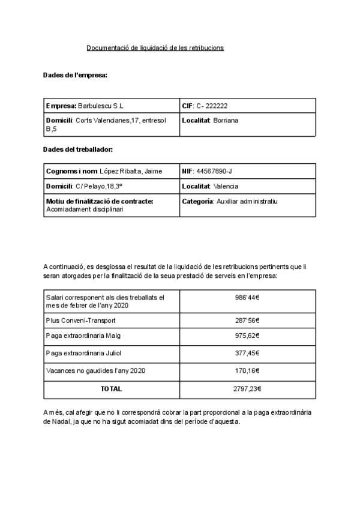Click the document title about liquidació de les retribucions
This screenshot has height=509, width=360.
(155, 47)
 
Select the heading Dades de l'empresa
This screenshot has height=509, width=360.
(75, 75)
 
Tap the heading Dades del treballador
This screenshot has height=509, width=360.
(78, 149)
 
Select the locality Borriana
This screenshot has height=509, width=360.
(226, 120)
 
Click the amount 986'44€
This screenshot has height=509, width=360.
(247, 297)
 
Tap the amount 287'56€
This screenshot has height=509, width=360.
(247, 321)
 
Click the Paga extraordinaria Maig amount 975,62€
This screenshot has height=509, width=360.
(247, 337)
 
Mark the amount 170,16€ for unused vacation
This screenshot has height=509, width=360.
(247, 371)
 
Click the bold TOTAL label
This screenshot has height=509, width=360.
(111, 389)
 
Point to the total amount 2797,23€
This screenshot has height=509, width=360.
(247, 389)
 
